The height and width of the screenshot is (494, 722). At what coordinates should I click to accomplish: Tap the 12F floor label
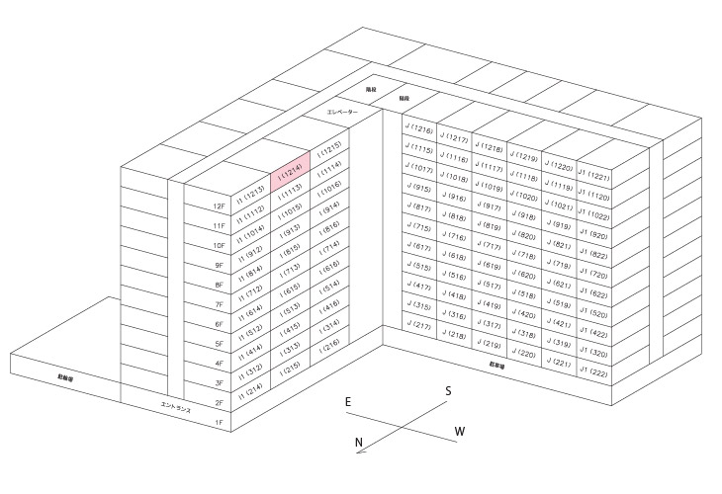[x=220, y=206]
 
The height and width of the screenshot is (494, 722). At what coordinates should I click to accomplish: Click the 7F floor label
[x=220, y=304]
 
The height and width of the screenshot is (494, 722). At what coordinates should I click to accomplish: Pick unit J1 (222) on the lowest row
[x=594, y=372]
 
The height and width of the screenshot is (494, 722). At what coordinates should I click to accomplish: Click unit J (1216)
[x=419, y=130]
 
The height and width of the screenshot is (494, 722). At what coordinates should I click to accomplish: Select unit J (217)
[x=419, y=326]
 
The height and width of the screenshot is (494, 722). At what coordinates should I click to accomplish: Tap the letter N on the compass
[x=359, y=443]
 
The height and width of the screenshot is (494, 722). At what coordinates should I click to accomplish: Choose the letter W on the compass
[x=459, y=431]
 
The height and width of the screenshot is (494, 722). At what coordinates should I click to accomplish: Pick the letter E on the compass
[x=348, y=402]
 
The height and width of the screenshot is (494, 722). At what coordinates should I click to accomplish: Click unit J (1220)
[x=560, y=167]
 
